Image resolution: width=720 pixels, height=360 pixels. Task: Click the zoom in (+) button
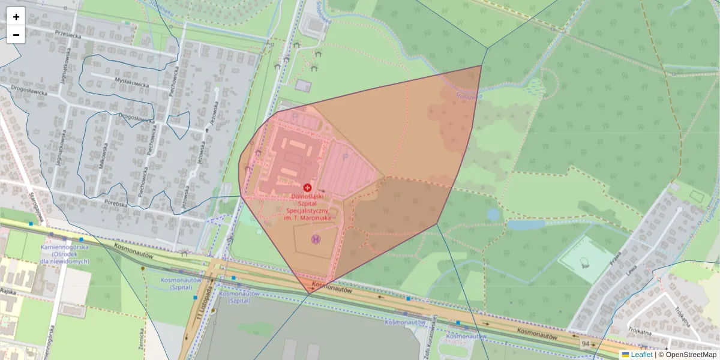click(x=16, y=17)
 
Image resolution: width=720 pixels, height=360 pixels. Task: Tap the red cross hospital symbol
click(x=307, y=188)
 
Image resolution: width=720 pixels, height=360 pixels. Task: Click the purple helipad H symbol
click(x=316, y=239)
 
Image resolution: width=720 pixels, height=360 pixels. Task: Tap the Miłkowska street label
click(x=104, y=158)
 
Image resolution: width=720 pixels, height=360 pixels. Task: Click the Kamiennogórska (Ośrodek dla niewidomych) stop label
click(x=65, y=254)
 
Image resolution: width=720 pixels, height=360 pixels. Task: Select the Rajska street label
click(x=7, y=290)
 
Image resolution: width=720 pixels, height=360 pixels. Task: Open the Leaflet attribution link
click(x=641, y=355)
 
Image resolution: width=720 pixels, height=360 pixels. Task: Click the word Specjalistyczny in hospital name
click(x=307, y=211)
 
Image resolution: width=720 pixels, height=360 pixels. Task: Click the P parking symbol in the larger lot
click(x=344, y=157)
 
